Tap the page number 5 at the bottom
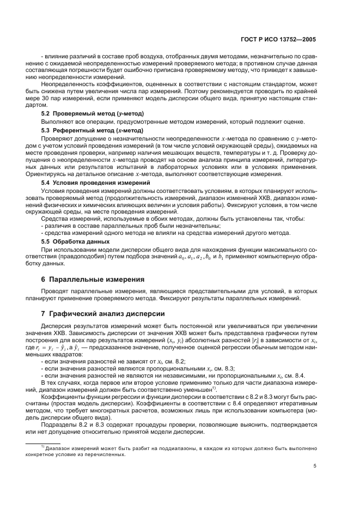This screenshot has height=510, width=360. pyautogui.click(x=315, y=465)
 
